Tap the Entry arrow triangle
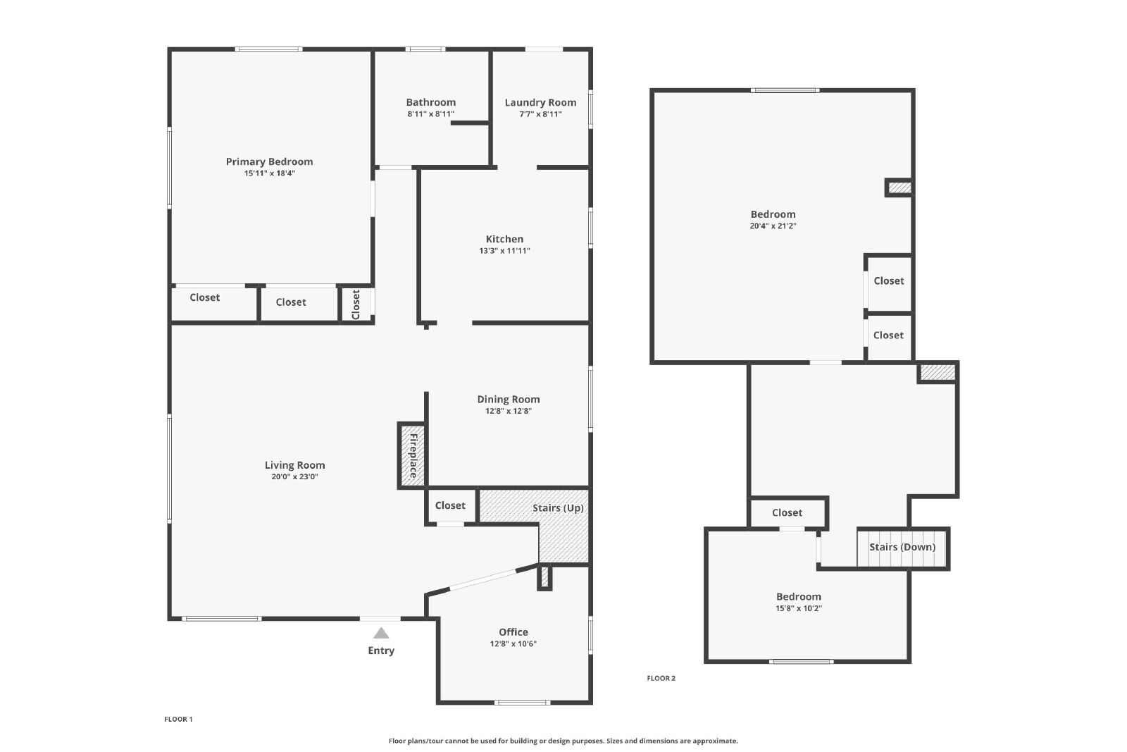pyautogui.click(x=381, y=633)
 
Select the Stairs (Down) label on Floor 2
pyautogui.click(x=902, y=547)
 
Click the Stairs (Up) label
pyautogui.click(x=558, y=508)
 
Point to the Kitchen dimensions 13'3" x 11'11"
pyautogui.click(x=504, y=251)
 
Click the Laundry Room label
pyautogui.click(x=540, y=103)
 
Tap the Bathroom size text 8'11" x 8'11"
pyautogui.click(x=430, y=114)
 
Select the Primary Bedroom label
pyautogui.click(x=269, y=161)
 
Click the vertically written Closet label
pyautogui.click(x=356, y=304)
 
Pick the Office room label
pyautogui.click(x=513, y=632)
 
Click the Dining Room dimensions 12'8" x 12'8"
pyautogui.click(x=508, y=411)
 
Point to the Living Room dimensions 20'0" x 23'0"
pyautogui.click(x=294, y=476)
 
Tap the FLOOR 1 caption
pyautogui.click(x=178, y=720)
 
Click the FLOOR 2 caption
pyautogui.click(x=661, y=678)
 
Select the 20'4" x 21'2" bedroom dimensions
pyautogui.click(x=773, y=226)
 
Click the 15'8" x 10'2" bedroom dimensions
pyautogui.click(x=799, y=608)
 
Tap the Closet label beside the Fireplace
pyautogui.click(x=450, y=505)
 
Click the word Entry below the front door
pyautogui.click(x=381, y=651)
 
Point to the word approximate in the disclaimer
pyautogui.click(x=715, y=741)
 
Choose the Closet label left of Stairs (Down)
pyautogui.click(x=787, y=513)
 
